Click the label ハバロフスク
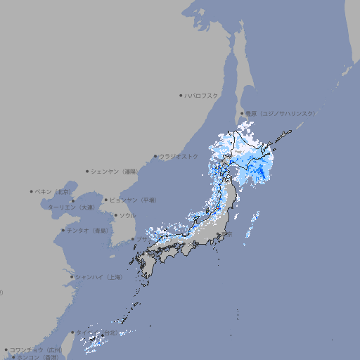click(202, 95)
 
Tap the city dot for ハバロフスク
click(181, 95)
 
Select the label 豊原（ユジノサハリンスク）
click(281, 113)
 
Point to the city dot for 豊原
click(243, 113)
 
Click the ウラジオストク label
click(179, 156)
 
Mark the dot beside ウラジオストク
click(155, 156)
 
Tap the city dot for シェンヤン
click(88, 171)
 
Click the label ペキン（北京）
click(53, 191)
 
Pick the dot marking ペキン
click(32, 191)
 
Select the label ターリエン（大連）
click(70, 207)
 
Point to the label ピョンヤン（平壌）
click(133, 200)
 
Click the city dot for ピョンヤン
click(106, 200)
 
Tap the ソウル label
click(127, 215)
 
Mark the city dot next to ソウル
click(115, 215)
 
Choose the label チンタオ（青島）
click(88, 230)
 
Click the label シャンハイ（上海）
click(98, 277)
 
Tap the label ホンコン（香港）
click(37, 357)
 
